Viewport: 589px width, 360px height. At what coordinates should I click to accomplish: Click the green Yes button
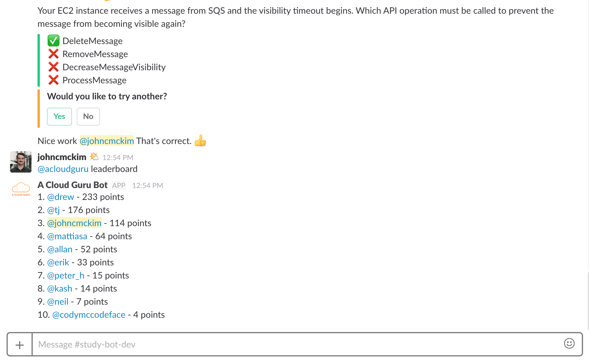point(59,116)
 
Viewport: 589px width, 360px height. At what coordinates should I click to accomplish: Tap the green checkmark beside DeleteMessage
point(54,41)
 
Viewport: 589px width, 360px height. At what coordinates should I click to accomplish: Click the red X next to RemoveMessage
point(54,54)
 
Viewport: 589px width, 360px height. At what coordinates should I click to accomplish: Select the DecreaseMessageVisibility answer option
point(114,67)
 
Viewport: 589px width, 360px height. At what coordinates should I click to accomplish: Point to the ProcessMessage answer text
point(94,80)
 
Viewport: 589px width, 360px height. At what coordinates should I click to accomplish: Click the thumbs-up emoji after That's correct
point(200,141)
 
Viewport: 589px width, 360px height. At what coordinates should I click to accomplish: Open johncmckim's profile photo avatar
point(21,162)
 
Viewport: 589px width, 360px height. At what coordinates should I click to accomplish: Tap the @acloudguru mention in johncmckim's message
point(63,169)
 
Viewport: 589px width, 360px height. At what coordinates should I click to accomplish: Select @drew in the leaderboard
point(61,197)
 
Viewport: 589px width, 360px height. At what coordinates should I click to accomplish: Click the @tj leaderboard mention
point(54,210)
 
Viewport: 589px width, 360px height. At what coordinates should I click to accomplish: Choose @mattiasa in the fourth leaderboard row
point(67,236)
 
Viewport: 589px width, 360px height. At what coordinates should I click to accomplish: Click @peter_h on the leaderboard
point(66,276)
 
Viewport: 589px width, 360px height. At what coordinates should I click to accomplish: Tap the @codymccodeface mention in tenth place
point(89,315)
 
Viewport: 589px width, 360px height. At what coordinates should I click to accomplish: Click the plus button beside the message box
point(20,345)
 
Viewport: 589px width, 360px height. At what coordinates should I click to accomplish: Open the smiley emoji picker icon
point(569,344)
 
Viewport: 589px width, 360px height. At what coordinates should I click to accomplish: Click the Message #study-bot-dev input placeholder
point(87,345)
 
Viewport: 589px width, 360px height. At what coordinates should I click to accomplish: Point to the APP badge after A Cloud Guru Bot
point(119,185)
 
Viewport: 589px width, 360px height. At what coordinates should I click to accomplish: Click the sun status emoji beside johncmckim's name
point(94,156)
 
